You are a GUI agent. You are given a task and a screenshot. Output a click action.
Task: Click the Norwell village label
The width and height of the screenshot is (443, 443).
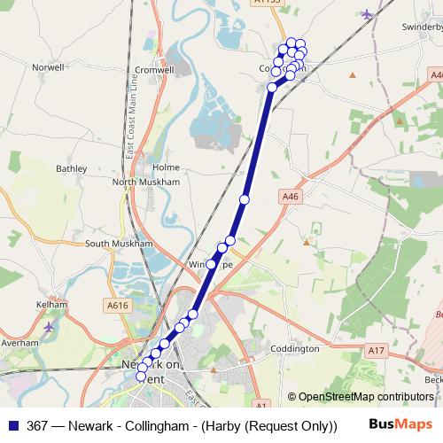click(48, 66)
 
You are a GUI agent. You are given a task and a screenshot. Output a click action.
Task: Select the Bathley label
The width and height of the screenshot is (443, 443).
click(72, 167)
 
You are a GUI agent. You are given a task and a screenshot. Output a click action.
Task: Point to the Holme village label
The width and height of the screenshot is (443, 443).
click(166, 167)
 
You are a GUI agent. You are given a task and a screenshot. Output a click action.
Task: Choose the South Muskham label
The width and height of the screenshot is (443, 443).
click(120, 243)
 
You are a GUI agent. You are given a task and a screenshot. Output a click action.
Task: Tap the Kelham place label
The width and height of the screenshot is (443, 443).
click(52, 304)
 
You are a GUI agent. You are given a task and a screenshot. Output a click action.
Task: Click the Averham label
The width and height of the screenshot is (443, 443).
click(20, 342)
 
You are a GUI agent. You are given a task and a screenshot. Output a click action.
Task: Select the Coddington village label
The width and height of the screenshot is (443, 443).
click(293, 348)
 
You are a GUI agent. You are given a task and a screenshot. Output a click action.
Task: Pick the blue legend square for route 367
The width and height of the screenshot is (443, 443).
click(12, 425)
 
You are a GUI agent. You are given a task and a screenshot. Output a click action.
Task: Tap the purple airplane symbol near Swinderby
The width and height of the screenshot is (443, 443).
click(368, 13)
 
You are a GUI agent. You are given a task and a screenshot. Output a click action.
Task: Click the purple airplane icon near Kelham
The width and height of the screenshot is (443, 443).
click(49, 327)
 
